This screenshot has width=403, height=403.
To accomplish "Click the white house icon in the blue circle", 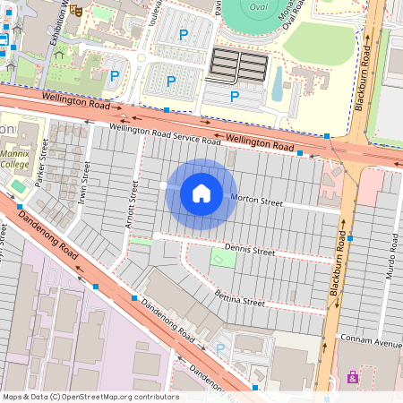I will pyautogui.click(x=201, y=193).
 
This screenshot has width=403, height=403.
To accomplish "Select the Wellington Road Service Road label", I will pyautogui.click(x=166, y=135).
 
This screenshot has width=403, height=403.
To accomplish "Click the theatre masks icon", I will pyautogui.click(x=77, y=11).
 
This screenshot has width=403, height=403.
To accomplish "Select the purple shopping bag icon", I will pyautogui.click(x=353, y=377).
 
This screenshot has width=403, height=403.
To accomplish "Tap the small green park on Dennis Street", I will pyautogui.click(x=224, y=258).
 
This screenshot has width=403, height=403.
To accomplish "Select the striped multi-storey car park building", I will pyautogui.click(x=238, y=64).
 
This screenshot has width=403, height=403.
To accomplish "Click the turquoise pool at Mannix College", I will pyautogui.click(x=18, y=185).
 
